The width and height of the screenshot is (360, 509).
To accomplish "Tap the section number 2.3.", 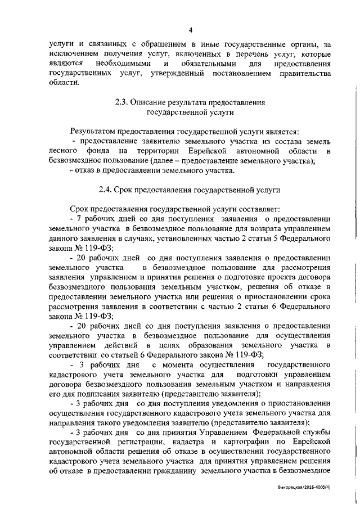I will tap(122, 103).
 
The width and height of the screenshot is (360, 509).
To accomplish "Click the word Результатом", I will tap(93, 130).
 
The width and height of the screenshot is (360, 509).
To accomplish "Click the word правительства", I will tap(302, 73).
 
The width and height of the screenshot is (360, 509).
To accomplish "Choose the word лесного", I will tap(64, 151).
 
